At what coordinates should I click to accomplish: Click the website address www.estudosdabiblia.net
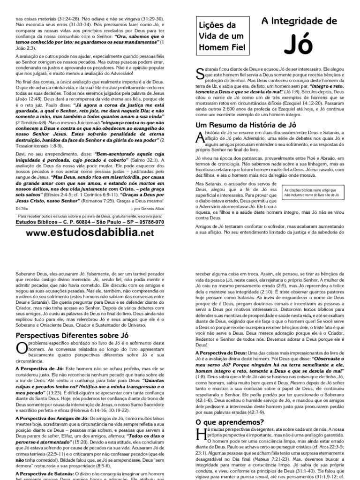[90, 233]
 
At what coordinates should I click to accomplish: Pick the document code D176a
[22, 207]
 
